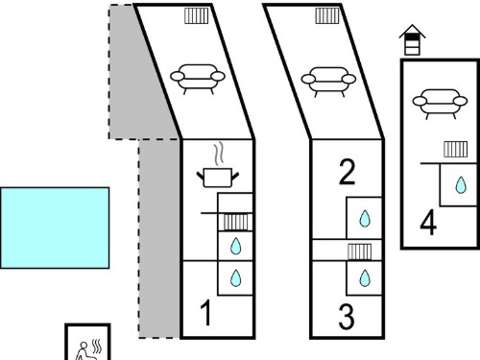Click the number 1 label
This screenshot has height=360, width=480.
(x=206, y=313)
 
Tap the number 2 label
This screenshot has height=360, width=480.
(x=348, y=172)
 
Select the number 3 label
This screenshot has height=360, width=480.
(x=347, y=317)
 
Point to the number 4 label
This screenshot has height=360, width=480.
(x=428, y=223)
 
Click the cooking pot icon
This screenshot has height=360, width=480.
(x=218, y=178)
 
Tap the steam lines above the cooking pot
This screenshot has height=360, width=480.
(x=219, y=154)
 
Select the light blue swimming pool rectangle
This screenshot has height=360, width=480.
(x=55, y=228)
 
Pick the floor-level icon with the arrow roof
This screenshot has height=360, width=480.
(x=413, y=40)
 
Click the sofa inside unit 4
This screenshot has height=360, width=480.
(x=440, y=103)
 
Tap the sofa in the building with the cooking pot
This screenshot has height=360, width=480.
(x=198, y=79)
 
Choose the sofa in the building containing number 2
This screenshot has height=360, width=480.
(x=328, y=82)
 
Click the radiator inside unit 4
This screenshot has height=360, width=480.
(x=456, y=149)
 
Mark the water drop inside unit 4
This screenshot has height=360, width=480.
(x=461, y=185)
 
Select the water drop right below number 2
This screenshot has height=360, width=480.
(x=365, y=219)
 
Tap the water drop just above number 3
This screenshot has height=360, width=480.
(x=365, y=277)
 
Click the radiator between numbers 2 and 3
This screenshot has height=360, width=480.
(x=360, y=252)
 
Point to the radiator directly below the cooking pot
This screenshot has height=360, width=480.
(x=235, y=222)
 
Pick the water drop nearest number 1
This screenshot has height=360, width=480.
(x=236, y=277)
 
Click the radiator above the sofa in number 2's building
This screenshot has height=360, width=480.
(x=327, y=15)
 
